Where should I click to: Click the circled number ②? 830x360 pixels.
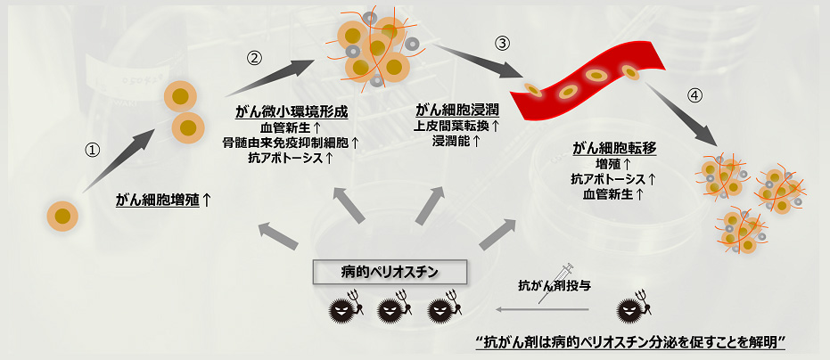point(254,57)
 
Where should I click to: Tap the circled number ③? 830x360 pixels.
point(503,44)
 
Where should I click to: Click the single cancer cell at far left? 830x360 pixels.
point(62,215)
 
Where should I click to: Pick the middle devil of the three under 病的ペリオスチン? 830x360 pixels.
point(392,309)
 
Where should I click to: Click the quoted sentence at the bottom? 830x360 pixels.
point(631,343)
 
